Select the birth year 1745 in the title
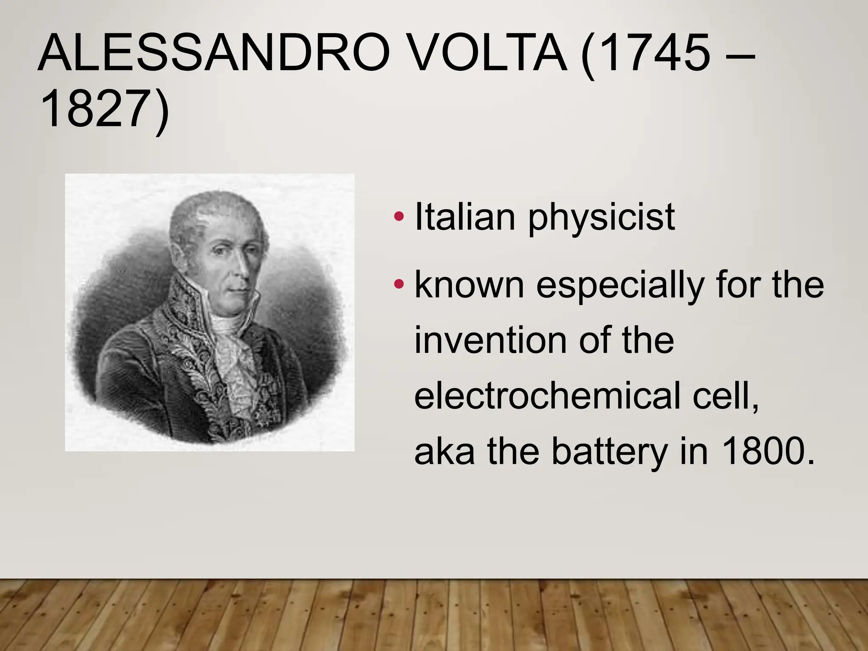pos(655,54)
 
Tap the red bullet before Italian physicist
pos(398,217)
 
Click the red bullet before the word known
pos(398,283)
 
